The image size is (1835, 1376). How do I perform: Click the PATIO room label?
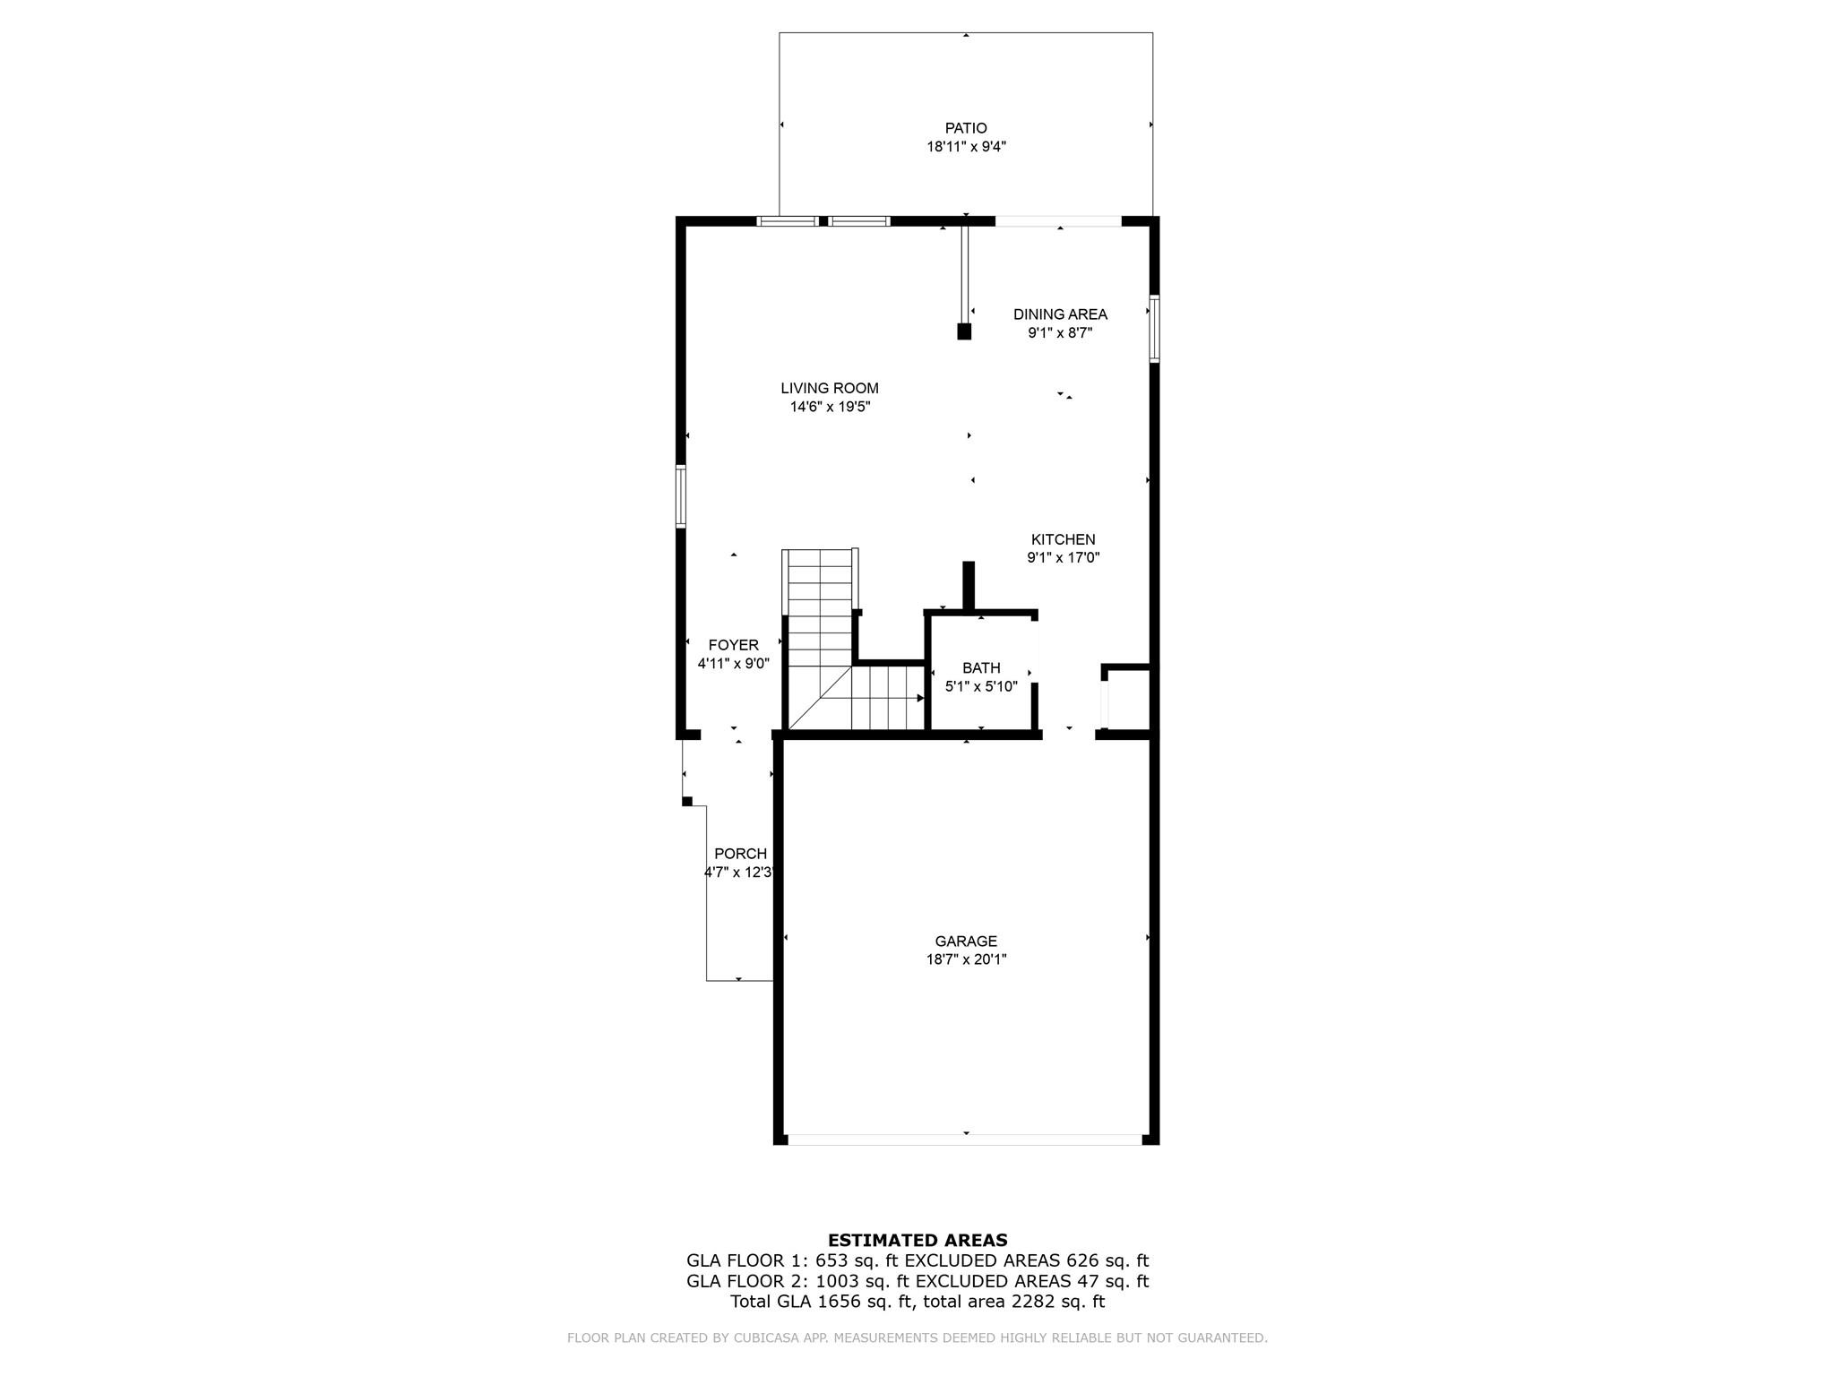[966, 128]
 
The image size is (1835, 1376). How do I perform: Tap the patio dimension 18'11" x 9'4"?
[966, 147]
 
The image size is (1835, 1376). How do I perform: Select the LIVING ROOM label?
[829, 388]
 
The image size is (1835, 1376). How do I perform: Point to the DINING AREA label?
[1060, 314]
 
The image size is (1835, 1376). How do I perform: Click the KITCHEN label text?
[1063, 539]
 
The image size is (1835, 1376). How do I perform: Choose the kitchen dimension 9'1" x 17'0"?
[1063, 557]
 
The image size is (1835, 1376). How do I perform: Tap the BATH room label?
[981, 667]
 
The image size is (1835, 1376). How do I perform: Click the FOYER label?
[733, 645]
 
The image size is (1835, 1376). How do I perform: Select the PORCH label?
[740, 854]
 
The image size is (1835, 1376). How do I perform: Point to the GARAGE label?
[966, 941]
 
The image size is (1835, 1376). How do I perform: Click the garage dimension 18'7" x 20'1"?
[966, 959]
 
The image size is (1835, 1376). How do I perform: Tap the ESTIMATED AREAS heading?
[917, 1240]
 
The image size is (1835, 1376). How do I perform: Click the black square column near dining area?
[964, 331]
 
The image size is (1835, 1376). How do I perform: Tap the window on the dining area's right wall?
[1154, 328]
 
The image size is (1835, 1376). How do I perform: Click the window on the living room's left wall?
[681, 496]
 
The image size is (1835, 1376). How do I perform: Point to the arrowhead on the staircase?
[920, 698]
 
